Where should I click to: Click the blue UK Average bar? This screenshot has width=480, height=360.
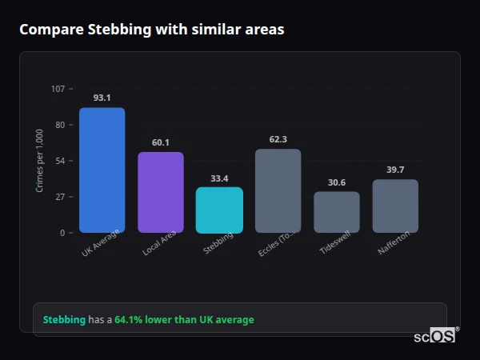point(102,170)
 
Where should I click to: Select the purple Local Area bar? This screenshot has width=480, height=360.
point(161,193)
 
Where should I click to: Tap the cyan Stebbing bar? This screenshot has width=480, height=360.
point(219,210)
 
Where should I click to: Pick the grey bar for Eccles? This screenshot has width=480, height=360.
point(278,191)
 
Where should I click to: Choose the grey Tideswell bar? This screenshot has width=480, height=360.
point(337,212)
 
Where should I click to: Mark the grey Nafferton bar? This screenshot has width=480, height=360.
point(395,206)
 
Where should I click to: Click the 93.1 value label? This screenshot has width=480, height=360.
point(102,98)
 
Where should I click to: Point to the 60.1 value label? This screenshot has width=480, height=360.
point(161,142)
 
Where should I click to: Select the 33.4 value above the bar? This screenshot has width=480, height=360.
point(219,178)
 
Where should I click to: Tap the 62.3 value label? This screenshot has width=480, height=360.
point(278,139)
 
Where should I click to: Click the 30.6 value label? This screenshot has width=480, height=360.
point(337,182)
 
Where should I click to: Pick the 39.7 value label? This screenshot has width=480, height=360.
point(395,170)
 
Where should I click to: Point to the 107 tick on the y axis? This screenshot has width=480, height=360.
point(58,89)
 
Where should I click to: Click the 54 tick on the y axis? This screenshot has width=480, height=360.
point(60,161)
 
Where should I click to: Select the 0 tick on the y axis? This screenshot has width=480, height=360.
point(62,233)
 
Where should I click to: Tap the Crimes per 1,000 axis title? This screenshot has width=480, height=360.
point(40,161)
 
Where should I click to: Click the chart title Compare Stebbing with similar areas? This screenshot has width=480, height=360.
point(151,30)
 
